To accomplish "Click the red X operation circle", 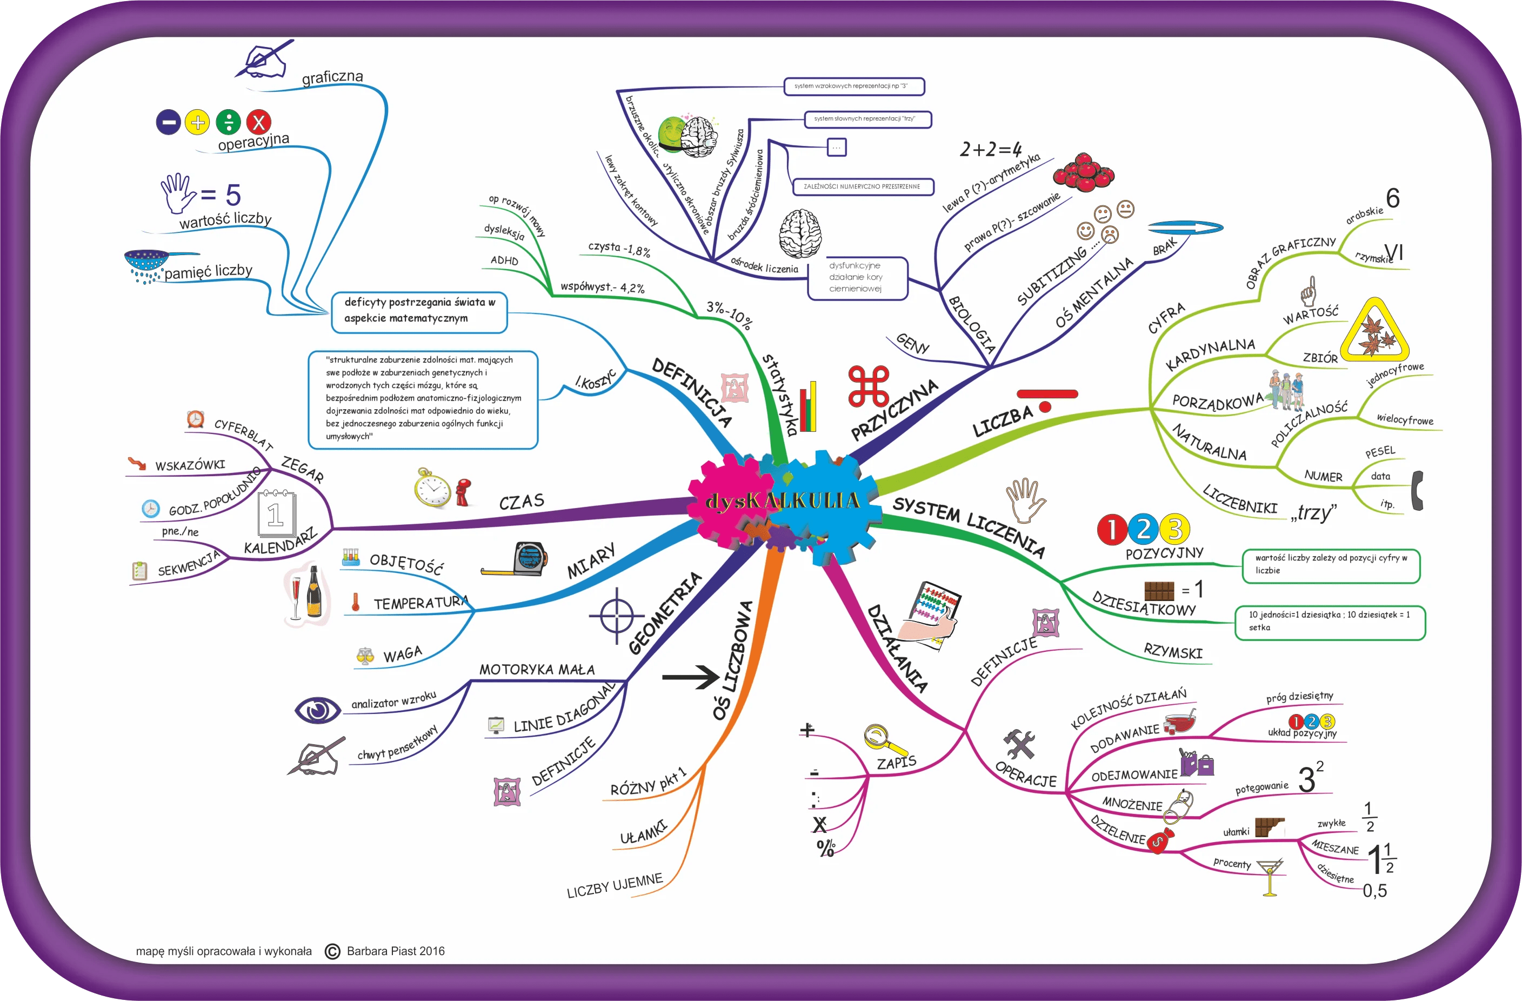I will pyautogui.click(x=258, y=122).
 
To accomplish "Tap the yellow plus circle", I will pyautogui.click(x=197, y=122).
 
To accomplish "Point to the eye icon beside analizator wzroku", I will pyautogui.click(x=317, y=710).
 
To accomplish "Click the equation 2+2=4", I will pyautogui.click(x=991, y=149).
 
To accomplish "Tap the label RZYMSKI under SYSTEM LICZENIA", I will pyautogui.click(x=1173, y=652).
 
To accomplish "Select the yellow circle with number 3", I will pyautogui.click(x=1174, y=529).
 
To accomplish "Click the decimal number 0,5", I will pyautogui.click(x=1374, y=890).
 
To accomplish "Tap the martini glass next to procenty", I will pyautogui.click(x=1270, y=877).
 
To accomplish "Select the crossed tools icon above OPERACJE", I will pyautogui.click(x=1019, y=744).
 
